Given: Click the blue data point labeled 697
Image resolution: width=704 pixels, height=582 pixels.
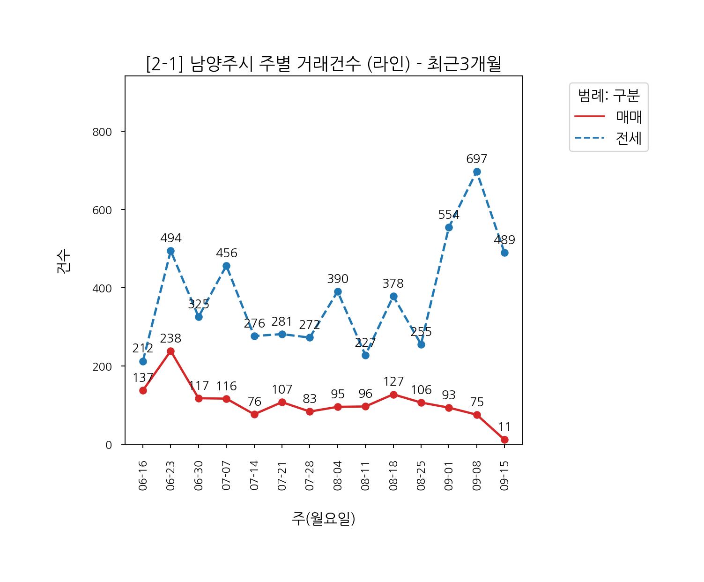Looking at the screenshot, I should [x=477, y=172].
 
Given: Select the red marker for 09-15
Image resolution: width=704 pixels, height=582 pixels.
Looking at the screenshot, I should [x=504, y=440].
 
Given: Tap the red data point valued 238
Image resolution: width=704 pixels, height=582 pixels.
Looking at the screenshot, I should [x=170, y=351].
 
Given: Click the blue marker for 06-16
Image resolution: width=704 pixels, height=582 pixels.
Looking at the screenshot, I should [x=143, y=361].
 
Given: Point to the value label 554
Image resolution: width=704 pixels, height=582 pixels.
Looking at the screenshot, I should [x=449, y=215].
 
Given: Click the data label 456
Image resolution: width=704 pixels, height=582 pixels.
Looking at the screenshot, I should [x=227, y=253].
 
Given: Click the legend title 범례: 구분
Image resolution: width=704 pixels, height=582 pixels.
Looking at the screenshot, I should [x=608, y=96].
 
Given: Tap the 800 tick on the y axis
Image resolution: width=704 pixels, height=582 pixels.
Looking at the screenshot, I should [x=102, y=132].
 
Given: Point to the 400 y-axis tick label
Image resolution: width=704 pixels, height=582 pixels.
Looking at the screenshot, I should [x=102, y=288].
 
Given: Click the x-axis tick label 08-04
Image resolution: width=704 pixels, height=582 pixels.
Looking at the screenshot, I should [x=338, y=475].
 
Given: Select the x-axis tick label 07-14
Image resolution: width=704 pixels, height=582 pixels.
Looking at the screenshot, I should [x=254, y=475].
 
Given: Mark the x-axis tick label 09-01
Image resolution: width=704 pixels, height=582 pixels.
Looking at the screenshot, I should [x=449, y=475].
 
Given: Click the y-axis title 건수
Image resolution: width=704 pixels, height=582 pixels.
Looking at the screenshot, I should [x=64, y=261].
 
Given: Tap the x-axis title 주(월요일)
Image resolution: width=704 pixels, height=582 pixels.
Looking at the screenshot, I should [x=323, y=518].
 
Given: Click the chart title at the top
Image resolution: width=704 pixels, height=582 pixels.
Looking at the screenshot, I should [x=323, y=64].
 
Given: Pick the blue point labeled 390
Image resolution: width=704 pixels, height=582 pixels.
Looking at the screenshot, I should [x=338, y=291].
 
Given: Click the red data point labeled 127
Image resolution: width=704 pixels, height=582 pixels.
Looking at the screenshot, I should [x=393, y=395].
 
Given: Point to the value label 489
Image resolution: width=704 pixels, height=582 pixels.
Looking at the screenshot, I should [x=504, y=240].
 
